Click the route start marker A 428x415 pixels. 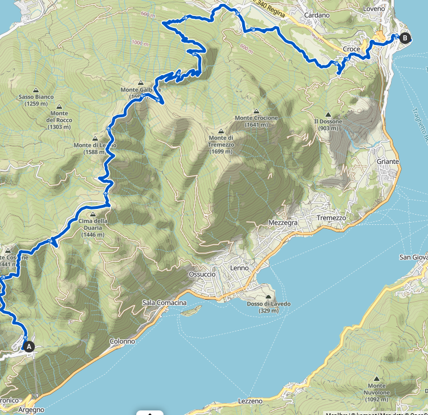28,345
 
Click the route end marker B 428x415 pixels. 405,38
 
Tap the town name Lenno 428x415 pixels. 239,268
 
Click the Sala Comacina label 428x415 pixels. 164,302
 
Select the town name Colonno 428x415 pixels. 123,342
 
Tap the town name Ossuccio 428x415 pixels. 201,274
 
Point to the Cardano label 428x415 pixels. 317,15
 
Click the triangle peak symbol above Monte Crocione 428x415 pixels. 256,111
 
